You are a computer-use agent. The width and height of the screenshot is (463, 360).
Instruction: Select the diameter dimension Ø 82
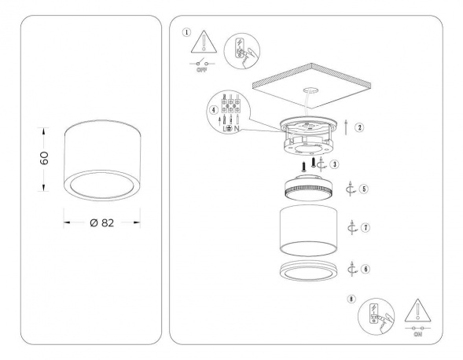coord(101,222)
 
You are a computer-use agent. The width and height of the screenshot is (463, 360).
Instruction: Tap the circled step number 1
coord(186,33)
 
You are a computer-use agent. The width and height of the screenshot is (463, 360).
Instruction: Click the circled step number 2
coord(359,127)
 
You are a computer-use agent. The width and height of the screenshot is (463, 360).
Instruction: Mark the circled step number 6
coord(366,268)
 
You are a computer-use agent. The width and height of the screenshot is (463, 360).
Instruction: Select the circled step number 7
coord(366,227)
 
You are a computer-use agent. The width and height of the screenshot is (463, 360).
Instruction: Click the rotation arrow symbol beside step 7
coord(352,227)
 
